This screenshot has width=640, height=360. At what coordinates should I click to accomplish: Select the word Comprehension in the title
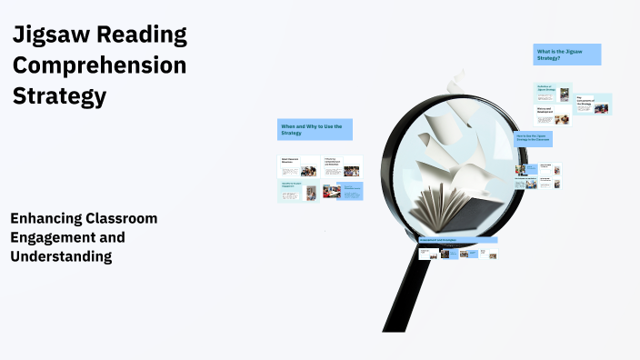click(x=99, y=66)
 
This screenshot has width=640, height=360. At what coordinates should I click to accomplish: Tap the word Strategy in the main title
click(x=59, y=96)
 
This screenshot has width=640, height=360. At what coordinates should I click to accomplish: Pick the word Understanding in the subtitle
click(x=61, y=256)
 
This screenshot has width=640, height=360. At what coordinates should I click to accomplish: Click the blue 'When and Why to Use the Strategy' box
click(x=315, y=129)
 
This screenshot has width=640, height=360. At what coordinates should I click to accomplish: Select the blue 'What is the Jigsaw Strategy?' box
click(x=567, y=55)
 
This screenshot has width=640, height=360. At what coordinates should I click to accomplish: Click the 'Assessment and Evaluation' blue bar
click(x=457, y=240)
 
